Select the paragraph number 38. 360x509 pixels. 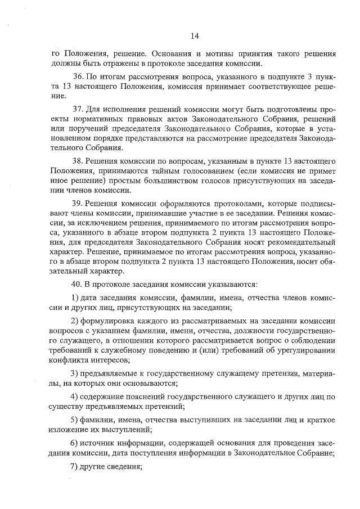(78, 160)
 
